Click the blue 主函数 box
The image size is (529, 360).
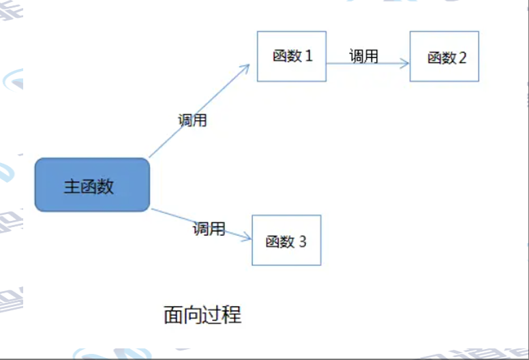tap(92, 185)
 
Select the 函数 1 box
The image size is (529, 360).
tap(291, 56)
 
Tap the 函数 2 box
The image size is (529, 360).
tap(444, 56)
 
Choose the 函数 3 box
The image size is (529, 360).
tap(286, 240)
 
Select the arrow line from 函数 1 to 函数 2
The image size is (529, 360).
tap(368, 63)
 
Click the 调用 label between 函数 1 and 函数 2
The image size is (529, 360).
tap(363, 56)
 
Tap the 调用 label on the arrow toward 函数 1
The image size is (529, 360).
tap(192, 121)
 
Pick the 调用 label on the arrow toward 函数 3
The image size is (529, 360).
tap(209, 228)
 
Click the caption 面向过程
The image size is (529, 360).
tap(202, 315)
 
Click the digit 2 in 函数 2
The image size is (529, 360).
tap(463, 57)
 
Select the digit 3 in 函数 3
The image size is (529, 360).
tap(303, 241)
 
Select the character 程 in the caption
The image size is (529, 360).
tap(232, 315)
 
